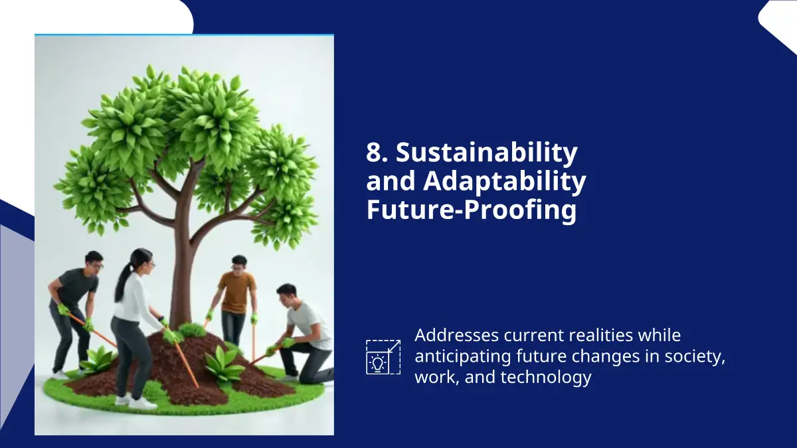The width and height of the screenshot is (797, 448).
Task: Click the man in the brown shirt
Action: (x=235, y=298)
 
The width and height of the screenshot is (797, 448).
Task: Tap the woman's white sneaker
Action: (x=142, y=404)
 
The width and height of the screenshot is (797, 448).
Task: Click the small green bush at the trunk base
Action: (x=191, y=330)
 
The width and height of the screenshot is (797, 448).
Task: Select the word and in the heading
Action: (x=391, y=181)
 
